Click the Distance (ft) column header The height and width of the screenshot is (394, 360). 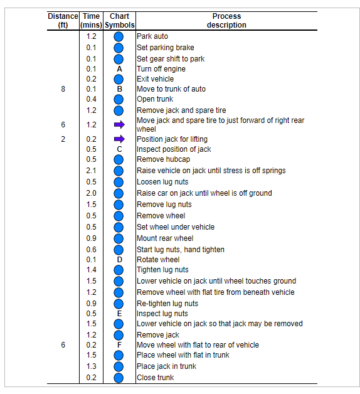pyautogui.click(x=63, y=20)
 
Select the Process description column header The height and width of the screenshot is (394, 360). pyautogui.click(x=226, y=20)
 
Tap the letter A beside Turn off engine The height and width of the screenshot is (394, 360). pyautogui.click(x=119, y=69)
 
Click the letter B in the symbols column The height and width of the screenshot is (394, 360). pyautogui.click(x=119, y=89)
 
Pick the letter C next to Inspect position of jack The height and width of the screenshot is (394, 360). pyautogui.click(x=119, y=149)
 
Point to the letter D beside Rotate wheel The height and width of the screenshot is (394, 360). pyautogui.click(x=119, y=260)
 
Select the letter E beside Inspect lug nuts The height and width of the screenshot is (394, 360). pyautogui.click(x=119, y=314)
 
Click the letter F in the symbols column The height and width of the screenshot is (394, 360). pyautogui.click(x=119, y=345)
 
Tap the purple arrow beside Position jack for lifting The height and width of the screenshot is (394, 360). pyautogui.click(x=119, y=139)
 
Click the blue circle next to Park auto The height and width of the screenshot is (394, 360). pyautogui.click(x=119, y=36)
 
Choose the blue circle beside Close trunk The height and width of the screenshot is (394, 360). pyautogui.click(x=119, y=378)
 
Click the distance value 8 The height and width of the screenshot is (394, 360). pyautogui.click(x=63, y=89)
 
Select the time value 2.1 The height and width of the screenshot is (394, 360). pyautogui.click(x=92, y=171)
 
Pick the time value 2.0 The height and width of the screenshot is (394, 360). pyautogui.click(x=92, y=193)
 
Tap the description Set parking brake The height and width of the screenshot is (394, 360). pyautogui.click(x=166, y=48)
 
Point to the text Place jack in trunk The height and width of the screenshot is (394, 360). pyautogui.click(x=166, y=366)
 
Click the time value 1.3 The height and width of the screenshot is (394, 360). pyautogui.click(x=92, y=366)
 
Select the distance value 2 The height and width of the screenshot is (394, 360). pyautogui.click(x=63, y=139)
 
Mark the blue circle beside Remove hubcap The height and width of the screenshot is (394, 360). pyautogui.click(x=119, y=159)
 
